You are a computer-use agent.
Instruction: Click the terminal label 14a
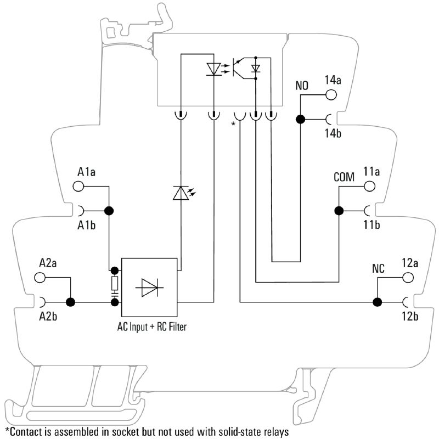click(x=333, y=80)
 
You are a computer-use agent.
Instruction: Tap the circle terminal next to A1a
click(x=78, y=187)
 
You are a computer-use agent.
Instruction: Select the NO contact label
click(x=302, y=86)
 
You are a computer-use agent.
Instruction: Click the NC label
click(x=378, y=269)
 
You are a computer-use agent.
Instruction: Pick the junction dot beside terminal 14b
click(x=301, y=119)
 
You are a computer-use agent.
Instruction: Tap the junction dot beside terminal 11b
click(x=339, y=210)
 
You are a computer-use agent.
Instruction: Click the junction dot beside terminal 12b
click(x=378, y=301)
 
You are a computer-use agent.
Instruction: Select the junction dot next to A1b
click(x=109, y=210)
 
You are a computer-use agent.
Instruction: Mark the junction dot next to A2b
click(x=70, y=301)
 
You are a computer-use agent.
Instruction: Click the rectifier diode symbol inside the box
click(x=150, y=286)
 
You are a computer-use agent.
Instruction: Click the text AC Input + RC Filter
click(x=151, y=328)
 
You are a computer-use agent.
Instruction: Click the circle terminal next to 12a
click(x=408, y=278)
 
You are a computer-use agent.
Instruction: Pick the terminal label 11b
click(x=372, y=225)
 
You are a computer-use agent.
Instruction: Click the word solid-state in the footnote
click(x=227, y=431)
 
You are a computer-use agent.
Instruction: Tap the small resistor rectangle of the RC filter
click(x=115, y=283)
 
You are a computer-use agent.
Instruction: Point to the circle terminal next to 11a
click(x=370, y=187)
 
